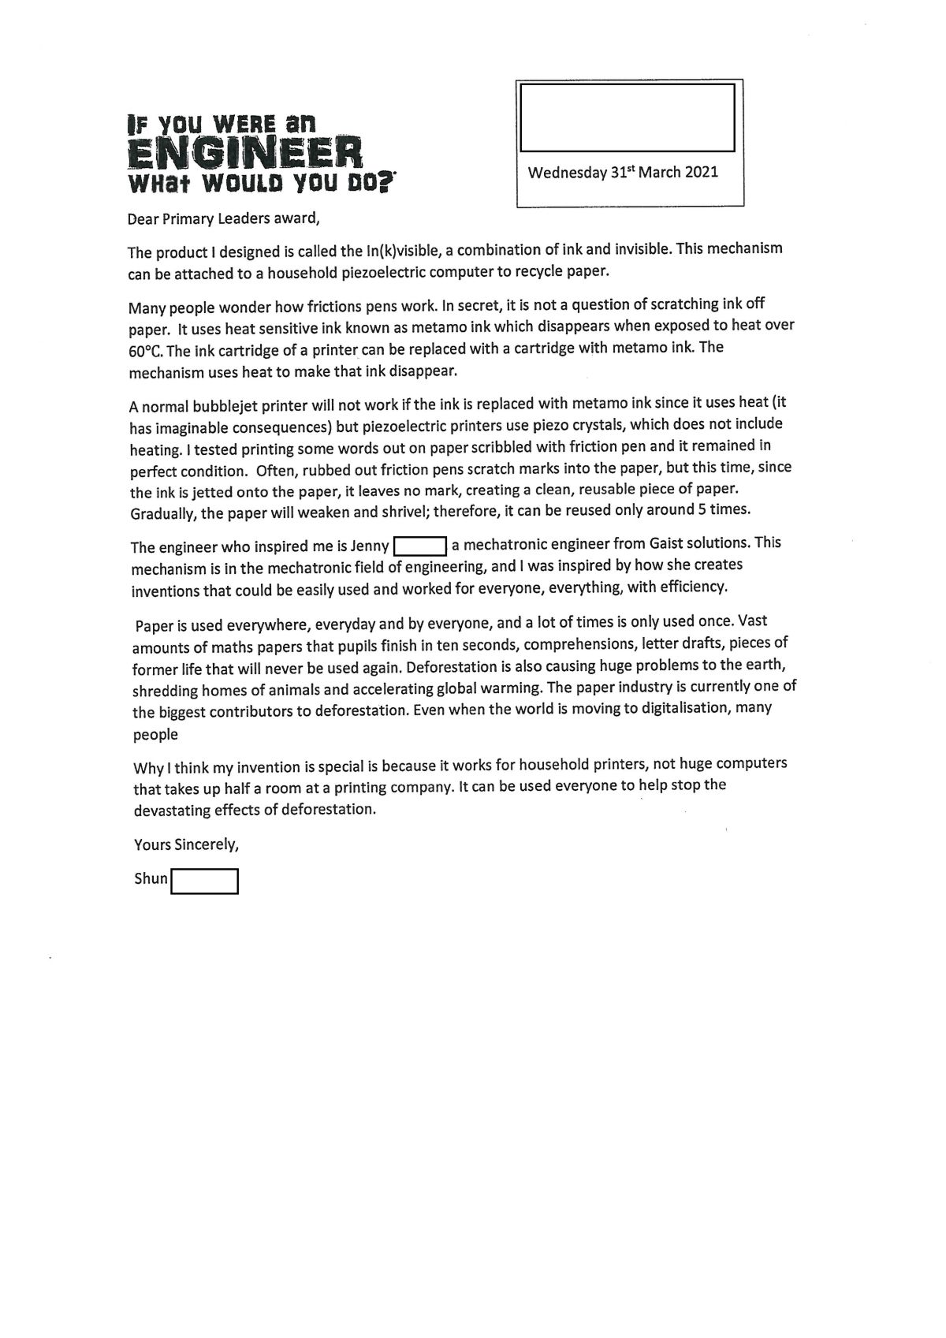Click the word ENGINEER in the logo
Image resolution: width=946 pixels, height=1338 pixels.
click(244, 152)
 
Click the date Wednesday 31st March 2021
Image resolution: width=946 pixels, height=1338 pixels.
click(623, 172)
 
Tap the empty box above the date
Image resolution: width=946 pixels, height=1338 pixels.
click(627, 117)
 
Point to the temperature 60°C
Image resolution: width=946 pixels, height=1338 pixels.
click(146, 351)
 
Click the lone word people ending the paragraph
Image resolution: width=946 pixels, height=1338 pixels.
click(155, 735)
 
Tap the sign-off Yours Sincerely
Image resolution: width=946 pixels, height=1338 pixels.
click(186, 844)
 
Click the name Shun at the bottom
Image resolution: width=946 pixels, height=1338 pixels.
click(151, 878)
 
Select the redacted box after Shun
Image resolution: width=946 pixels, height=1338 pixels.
click(204, 881)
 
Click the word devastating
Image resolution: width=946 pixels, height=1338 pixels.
click(171, 810)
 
